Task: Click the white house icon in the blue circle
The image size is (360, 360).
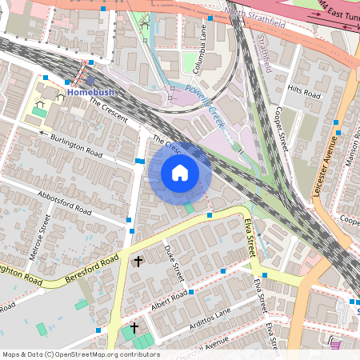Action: (x=180, y=173)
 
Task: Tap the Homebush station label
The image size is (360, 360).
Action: (x=90, y=92)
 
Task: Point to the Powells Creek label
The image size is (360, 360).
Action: (x=202, y=106)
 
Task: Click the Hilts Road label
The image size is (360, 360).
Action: (x=304, y=94)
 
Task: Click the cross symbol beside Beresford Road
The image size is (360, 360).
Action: (x=138, y=261)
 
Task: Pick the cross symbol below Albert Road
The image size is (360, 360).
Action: (x=134, y=328)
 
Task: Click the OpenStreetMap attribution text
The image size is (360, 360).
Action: (x=80, y=354)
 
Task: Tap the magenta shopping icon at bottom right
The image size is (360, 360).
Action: (x=334, y=345)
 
